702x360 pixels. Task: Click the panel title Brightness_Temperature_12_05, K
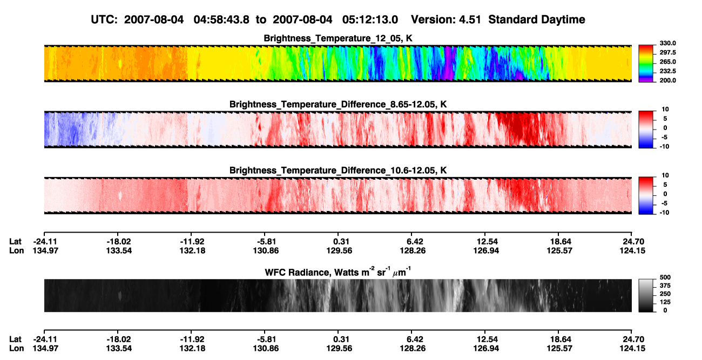click(338, 38)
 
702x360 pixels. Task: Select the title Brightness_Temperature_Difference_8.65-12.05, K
click(338, 104)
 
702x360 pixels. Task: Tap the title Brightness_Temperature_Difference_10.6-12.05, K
click(338, 171)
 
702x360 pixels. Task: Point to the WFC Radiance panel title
click(338, 272)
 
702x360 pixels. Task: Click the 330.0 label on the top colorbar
click(667, 43)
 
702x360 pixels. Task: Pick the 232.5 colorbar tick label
click(667, 71)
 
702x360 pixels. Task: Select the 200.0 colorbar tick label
click(667, 80)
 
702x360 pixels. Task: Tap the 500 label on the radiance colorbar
click(665, 277)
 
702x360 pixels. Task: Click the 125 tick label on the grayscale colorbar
click(665, 302)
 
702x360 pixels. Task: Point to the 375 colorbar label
click(665, 286)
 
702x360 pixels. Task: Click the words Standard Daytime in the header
click(537, 19)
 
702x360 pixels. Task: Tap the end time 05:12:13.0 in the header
click(370, 19)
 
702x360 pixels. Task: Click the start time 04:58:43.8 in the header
click(221, 19)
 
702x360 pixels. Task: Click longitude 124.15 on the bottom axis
click(632, 349)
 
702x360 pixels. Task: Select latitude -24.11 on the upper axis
click(45, 242)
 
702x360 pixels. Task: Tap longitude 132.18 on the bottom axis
click(192, 349)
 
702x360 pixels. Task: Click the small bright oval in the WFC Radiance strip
click(120, 295)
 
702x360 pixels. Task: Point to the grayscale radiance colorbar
click(646, 295)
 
